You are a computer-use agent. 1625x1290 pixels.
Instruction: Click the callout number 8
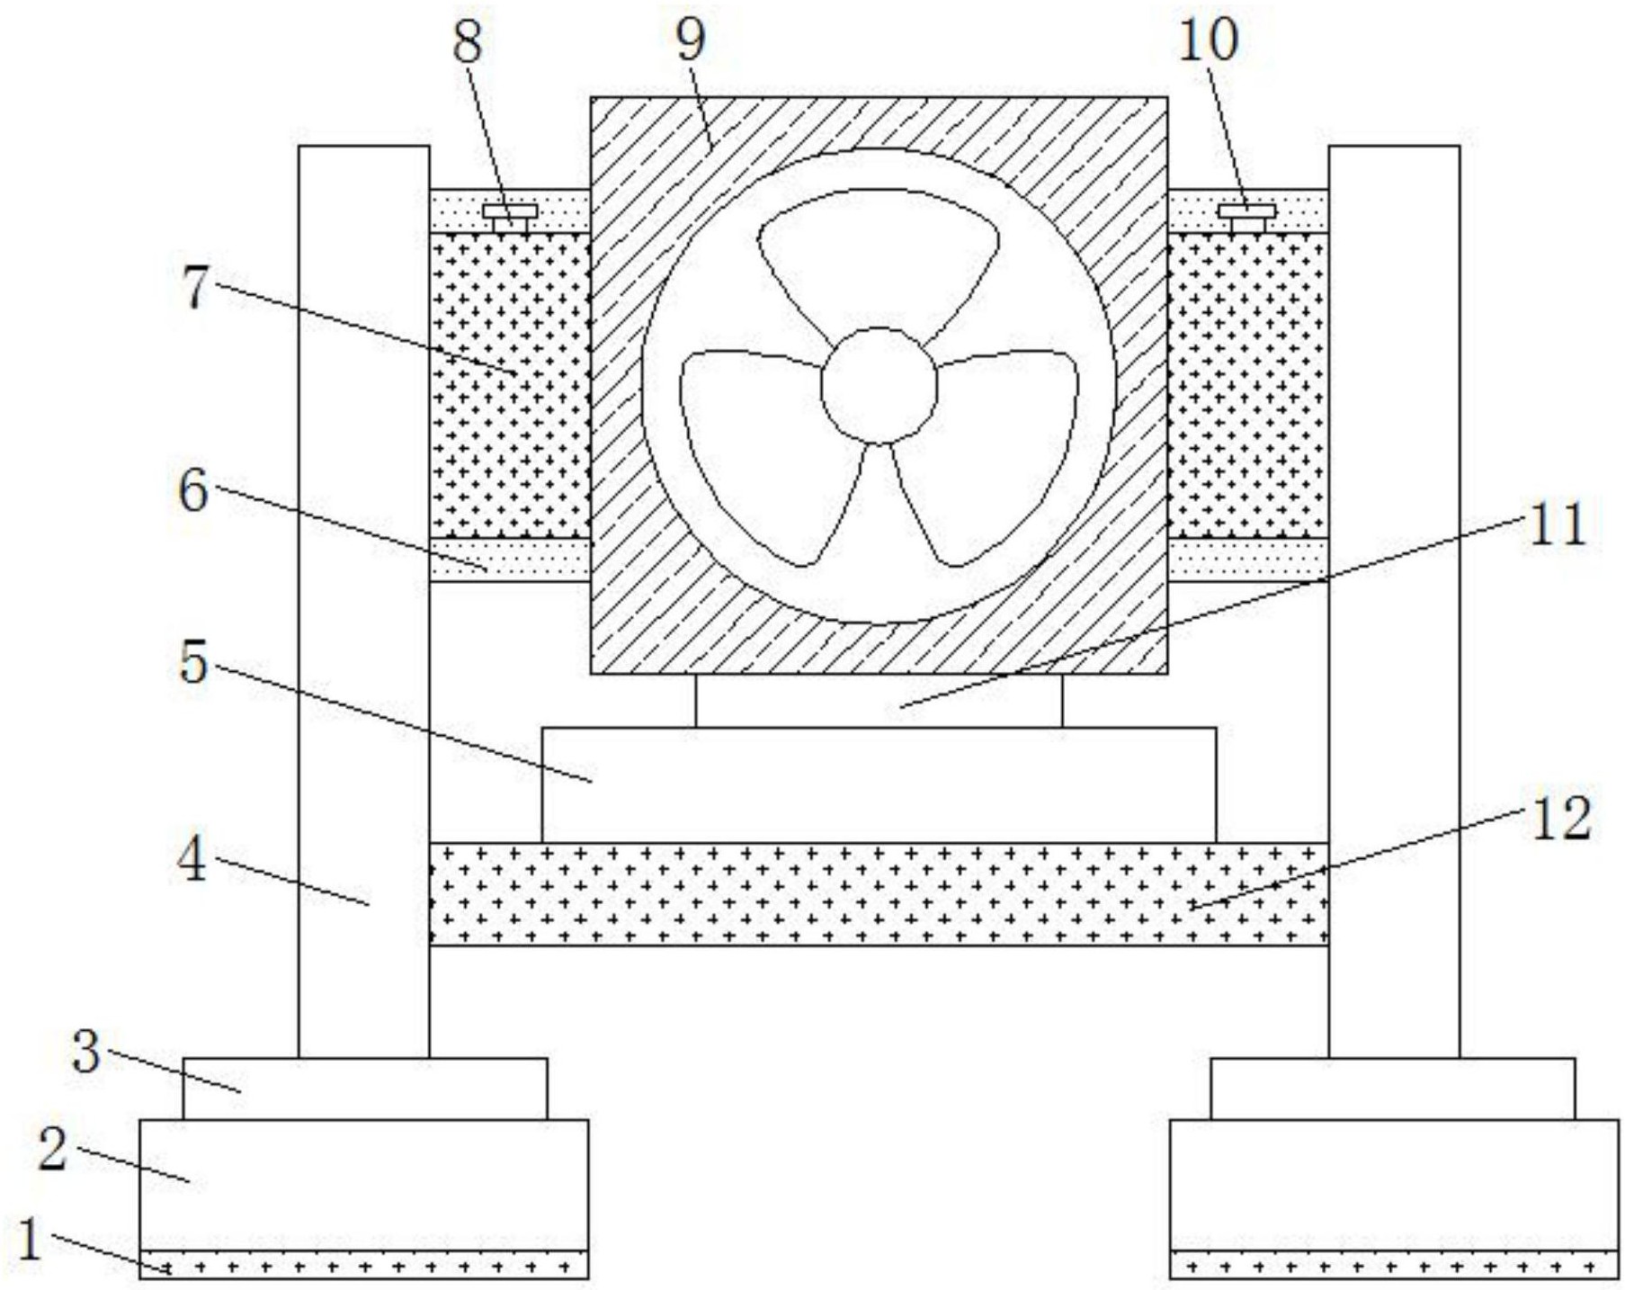(x=468, y=41)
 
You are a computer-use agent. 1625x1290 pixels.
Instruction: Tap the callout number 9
(x=691, y=38)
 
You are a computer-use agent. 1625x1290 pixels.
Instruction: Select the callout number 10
(x=1208, y=40)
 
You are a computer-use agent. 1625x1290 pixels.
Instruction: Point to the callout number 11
(x=1558, y=524)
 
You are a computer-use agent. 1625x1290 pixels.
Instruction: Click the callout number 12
(x=1560, y=819)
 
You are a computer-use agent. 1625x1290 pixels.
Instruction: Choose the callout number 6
(x=193, y=491)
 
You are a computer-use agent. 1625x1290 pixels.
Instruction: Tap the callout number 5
(x=193, y=663)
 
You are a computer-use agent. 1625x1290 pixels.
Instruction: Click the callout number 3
(x=86, y=1051)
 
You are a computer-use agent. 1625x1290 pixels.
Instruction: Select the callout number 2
(x=53, y=1149)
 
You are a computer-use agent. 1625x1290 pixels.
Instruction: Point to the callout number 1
(x=30, y=1241)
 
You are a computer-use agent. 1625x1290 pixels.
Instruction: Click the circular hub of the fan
(x=879, y=385)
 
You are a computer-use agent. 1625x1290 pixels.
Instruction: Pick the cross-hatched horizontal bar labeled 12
(x=879, y=893)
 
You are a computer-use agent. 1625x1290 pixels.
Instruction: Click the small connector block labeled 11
(x=878, y=701)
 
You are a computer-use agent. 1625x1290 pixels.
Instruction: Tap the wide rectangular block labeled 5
(x=879, y=784)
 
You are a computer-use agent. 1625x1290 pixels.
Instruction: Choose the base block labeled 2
(x=363, y=1184)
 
